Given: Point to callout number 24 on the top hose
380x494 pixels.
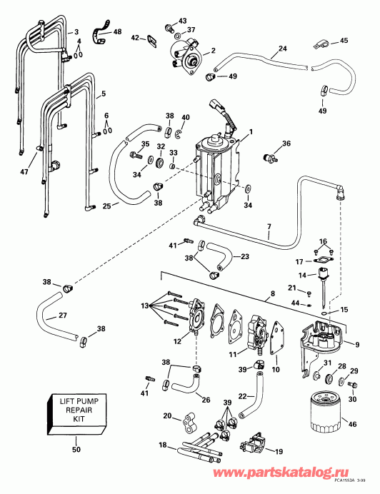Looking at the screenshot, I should click(282, 49).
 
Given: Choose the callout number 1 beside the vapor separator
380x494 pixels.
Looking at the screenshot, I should click(250, 132).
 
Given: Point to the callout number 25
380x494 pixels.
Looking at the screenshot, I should click(105, 206).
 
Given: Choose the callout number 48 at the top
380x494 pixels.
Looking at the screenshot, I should click(117, 32).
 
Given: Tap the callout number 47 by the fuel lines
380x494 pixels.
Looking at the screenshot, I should click(24, 172).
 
